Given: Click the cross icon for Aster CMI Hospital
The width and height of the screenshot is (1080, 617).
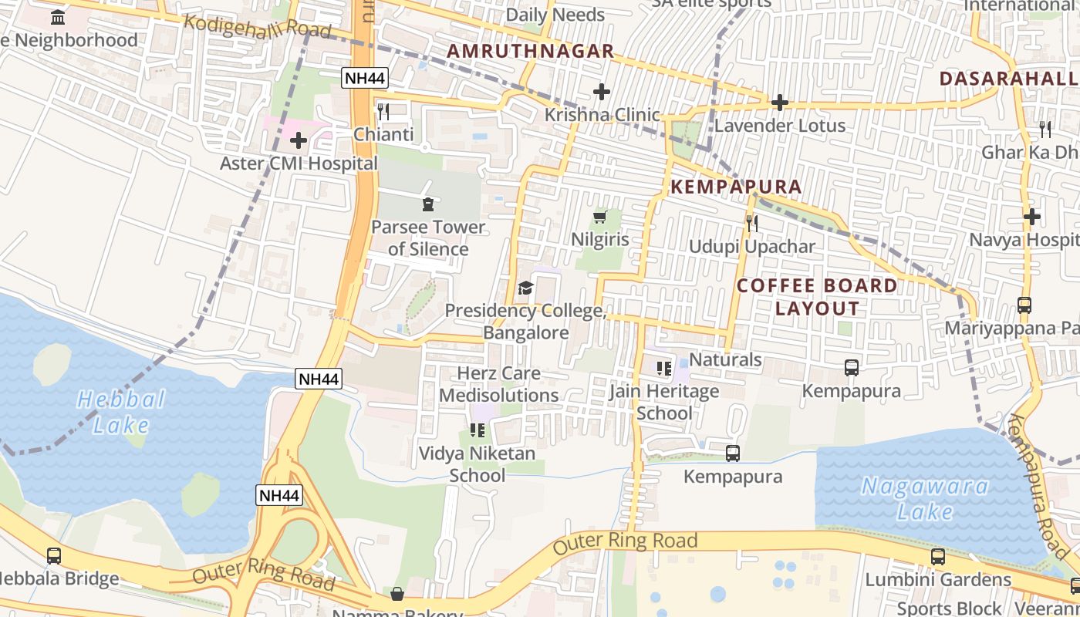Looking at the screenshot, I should [x=299, y=140].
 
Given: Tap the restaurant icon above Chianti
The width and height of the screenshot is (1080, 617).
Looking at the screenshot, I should [x=383, y=111].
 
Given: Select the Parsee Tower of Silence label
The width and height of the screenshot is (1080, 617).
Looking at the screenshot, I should [x=427, y=238].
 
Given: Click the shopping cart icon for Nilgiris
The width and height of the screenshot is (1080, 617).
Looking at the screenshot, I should [x=600, y=217].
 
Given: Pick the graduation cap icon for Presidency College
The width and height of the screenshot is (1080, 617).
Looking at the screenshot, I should [x=525, y=288].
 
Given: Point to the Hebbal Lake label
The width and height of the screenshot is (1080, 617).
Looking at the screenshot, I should [x=121, y=411].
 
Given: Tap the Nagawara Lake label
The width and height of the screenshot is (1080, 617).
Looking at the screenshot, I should [x=925, y=498].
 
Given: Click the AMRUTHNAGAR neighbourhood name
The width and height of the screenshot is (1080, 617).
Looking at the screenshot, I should [x=531, y=52].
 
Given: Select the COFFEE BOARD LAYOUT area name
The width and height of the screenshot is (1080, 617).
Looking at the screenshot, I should [x=817, y=297].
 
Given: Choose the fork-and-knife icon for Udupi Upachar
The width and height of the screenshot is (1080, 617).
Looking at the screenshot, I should [x=752, y=224].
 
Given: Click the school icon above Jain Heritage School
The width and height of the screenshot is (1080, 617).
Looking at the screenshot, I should [x=663, y=368].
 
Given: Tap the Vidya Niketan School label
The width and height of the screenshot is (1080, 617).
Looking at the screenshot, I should [x=477, y=464].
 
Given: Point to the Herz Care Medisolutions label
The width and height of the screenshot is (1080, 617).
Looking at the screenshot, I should [x=498, y=384].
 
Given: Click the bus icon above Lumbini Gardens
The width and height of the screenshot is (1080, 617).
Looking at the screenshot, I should [x=938, y=556].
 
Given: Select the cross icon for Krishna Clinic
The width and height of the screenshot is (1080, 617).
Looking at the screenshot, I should [x=602, y=93].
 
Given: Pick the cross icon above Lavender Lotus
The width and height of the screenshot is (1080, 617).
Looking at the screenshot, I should [x=780, y=102].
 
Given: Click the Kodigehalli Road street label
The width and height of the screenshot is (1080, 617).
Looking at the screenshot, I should [x=257, y=26].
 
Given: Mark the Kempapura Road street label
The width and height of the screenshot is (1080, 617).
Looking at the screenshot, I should [x=1038, y=486].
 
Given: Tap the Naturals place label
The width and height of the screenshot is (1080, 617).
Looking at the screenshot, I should [x=725, y=359].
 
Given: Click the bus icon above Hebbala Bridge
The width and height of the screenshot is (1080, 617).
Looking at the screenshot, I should [x=54, y=555].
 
